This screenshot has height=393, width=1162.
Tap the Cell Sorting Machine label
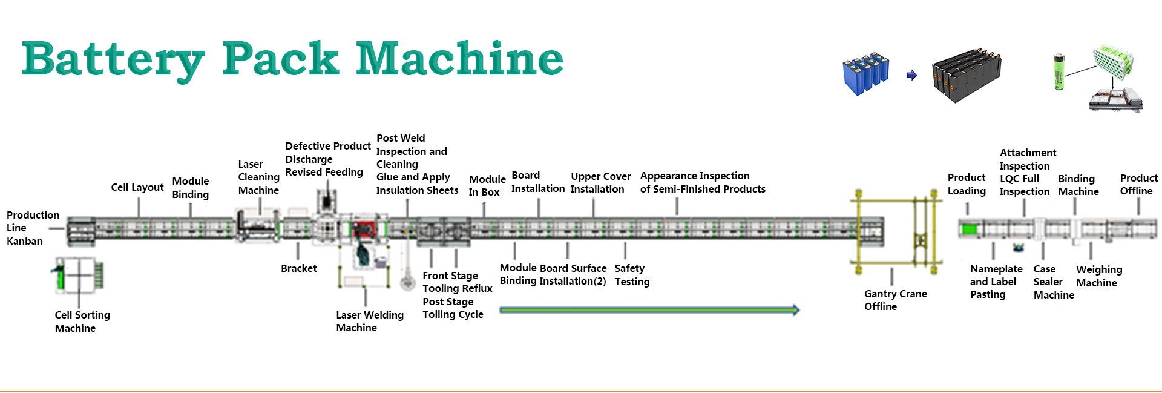[x=82, y=322]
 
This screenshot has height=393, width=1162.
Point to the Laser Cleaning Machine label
[x=258, y=177]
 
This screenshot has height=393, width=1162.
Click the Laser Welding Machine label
[x=369, y=321]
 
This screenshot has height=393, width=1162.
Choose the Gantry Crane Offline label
[x=895, y=300]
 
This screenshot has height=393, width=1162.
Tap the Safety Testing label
[x=632, y=275]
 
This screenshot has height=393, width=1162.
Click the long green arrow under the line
[x=649, y=311]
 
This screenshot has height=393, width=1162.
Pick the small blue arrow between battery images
[x=911, y=76]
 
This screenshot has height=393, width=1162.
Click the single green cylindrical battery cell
[x=1060, y=72]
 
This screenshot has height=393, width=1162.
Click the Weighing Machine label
[x=1099, y=276]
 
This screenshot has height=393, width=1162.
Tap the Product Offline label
[x=1138, y=184]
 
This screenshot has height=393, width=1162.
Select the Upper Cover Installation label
[x=600, y=182]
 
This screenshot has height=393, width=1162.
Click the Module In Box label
[x=487, y=185]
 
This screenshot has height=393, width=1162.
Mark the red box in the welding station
[x=364, y=230]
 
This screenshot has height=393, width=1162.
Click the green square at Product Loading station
[x=970, y=230]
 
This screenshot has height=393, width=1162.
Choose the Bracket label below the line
[x=298, y=268]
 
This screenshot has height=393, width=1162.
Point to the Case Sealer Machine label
[x=1054, y=282]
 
